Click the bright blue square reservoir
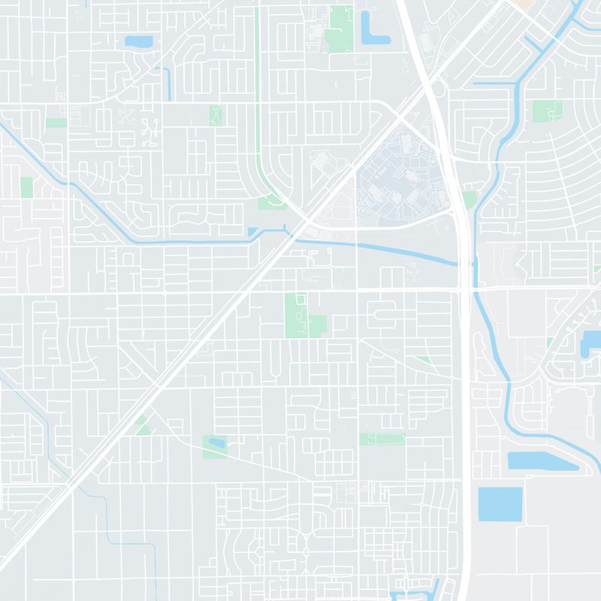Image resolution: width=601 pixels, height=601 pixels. (500, 503)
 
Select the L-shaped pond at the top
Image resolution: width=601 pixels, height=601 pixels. (370, 30)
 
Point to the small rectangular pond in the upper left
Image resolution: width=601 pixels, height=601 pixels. (138, 41)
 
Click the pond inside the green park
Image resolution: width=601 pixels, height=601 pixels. (216, 442)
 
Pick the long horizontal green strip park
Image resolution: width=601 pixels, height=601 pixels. (382, 439)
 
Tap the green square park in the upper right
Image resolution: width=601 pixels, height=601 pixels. (547, 111)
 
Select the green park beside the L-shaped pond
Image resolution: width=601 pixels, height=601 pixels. (340, 29)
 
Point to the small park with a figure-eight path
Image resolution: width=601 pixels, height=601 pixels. (216, 115)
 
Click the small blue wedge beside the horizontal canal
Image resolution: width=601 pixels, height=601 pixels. (252, 232)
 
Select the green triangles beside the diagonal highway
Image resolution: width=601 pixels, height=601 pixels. (141, 425)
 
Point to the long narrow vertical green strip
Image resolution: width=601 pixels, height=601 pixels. (257, 90)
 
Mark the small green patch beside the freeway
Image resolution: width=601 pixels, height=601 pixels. (470, 199)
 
